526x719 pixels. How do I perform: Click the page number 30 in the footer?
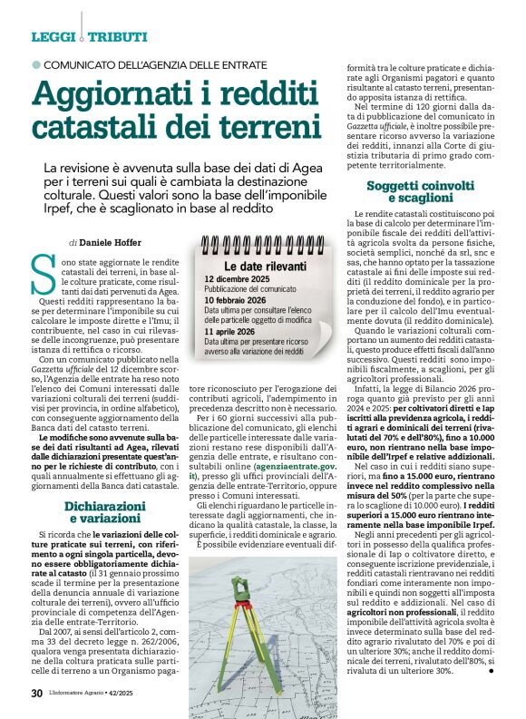[x=36, y=694]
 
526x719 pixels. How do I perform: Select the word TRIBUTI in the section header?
[x=117, y=36]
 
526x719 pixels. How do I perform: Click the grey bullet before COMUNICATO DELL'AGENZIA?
[x=36, y=65]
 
